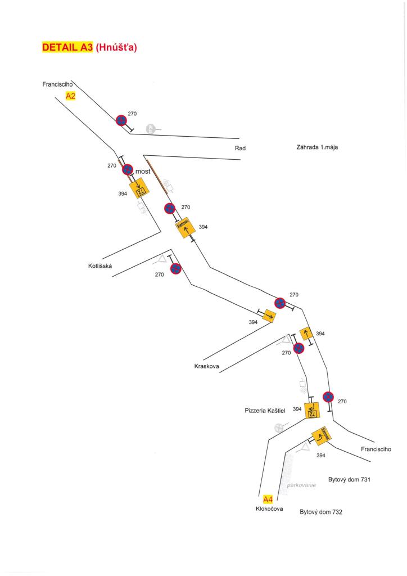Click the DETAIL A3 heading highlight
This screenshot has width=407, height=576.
pyautogui.click(x=67, y=48)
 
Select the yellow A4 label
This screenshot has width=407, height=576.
pyautogui.click(x=268, y=499)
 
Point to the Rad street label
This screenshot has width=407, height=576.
pyautogui.click(x=241, y=148)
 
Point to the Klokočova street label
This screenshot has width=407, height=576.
pyautogui.click(x=269, y=508)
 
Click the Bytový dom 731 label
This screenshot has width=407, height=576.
pyautogui.click(x=350, y=480)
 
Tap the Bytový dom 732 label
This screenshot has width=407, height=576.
pyautogui.click(x=321, y=512)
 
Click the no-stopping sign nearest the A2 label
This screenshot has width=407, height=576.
pyautogui.click(x=121, y=120)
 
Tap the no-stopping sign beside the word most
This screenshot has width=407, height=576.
pyautogui.click(x=128, y=169)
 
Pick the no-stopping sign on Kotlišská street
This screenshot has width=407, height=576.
pyautogui.click(x=175, y=268)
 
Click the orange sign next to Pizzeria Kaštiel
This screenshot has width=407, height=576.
pyautogui.click(x=312, y=410)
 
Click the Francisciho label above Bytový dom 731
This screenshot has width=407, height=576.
pyautogui.click(x=376, y=449)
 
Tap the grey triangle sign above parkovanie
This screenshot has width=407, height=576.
pyautogui.click(x=304, y=448)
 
